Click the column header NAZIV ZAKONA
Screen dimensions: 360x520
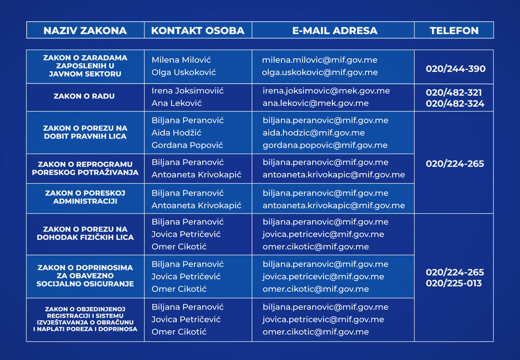(85, 30)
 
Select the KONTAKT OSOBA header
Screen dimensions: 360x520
(198, 30)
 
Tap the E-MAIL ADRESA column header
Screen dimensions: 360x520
(333, 30)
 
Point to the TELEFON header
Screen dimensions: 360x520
(454, 30)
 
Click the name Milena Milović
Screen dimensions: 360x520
(181, 60)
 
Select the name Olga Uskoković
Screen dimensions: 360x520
(184, 72)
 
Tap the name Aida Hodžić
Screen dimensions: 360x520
(176, 133)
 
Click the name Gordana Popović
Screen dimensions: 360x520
(187, 145)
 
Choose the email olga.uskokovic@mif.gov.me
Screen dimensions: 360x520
(320, 72)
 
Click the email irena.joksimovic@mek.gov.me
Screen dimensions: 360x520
(326, 91)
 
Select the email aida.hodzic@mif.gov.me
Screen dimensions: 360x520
(314, 133)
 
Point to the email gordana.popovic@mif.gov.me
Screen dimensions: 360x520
(325, 145)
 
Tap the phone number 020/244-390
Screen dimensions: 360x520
(456, 69)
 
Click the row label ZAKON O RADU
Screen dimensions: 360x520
(84, 96)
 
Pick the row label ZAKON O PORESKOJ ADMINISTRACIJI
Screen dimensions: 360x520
(85, 197)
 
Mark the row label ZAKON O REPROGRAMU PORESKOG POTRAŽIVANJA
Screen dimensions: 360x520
(85, 169)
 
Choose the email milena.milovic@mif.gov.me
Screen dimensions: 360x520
(320, 60)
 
